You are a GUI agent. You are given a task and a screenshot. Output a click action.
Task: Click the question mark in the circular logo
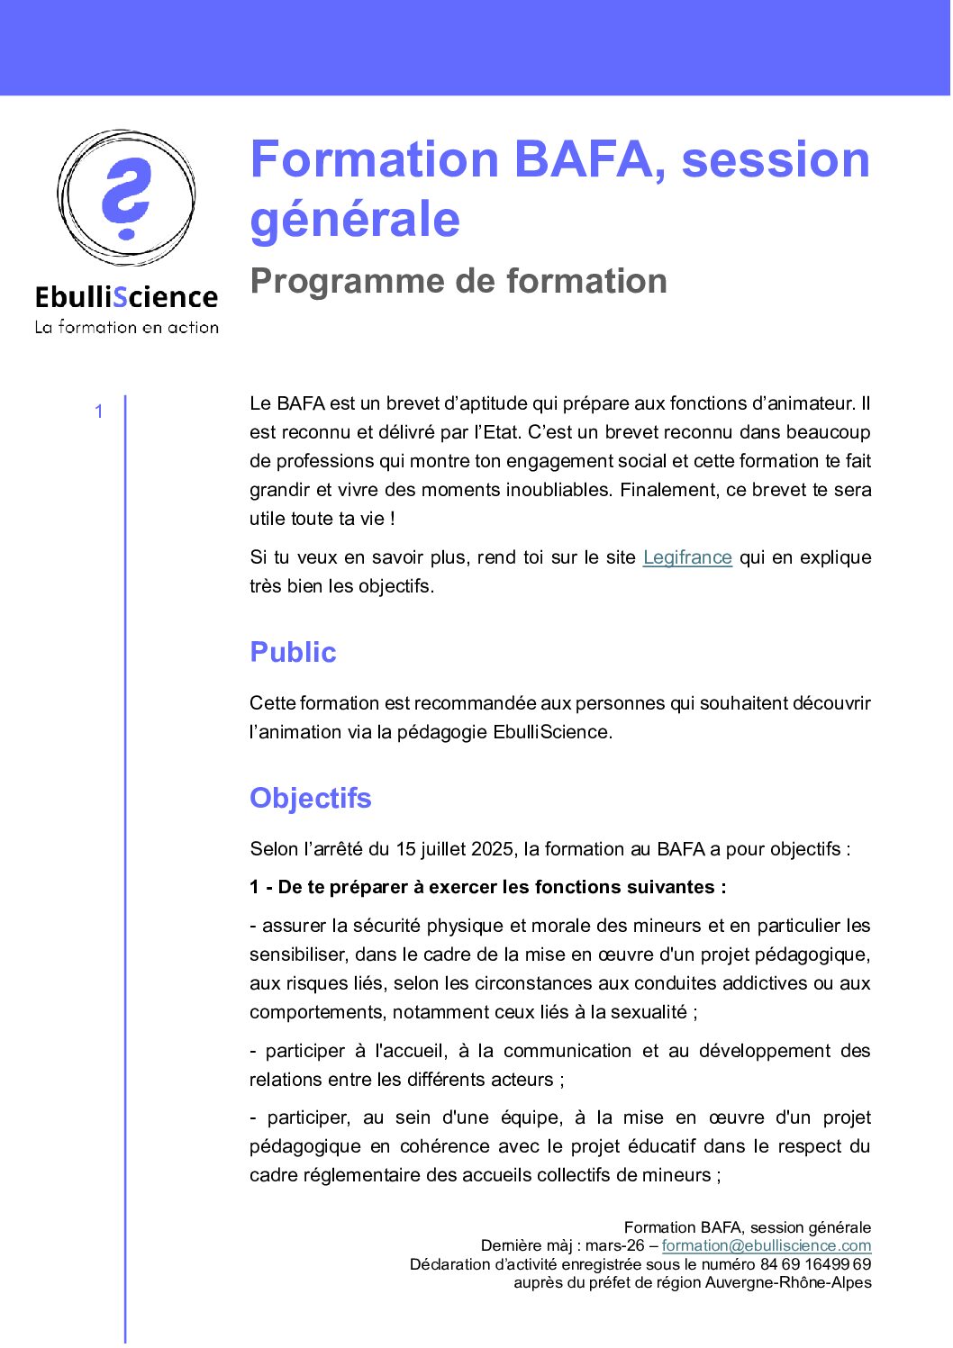click(x=125, y=198)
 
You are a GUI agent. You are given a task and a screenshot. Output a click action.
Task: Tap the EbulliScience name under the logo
click(x=126, y=297)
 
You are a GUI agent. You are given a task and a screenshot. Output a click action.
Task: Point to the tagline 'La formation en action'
click(x=126, y=328)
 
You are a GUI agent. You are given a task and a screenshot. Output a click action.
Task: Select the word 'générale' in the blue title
click(x=355, y=220)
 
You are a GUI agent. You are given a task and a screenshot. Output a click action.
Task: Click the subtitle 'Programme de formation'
click(x=458, y=281)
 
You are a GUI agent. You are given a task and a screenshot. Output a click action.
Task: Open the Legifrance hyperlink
click(x=687, y=557)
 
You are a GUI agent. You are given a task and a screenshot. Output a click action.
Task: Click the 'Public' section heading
click(x=293, y=652)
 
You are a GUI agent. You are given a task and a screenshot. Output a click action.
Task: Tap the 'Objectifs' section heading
click(x=311, y=798)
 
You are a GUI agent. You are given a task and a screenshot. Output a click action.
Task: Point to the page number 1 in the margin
click(x=99, y=412)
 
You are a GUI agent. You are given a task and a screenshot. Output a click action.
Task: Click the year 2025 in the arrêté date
click(x=492, y=849)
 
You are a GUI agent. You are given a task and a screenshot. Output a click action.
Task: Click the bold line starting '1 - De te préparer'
click(x=488, y=887)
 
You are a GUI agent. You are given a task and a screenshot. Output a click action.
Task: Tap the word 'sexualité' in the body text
click(x=649, y=1012)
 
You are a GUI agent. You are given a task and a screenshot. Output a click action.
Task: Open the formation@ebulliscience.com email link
click(x=767, y=1245)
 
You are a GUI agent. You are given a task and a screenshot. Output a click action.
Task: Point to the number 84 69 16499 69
click(x=815, y=1264)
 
